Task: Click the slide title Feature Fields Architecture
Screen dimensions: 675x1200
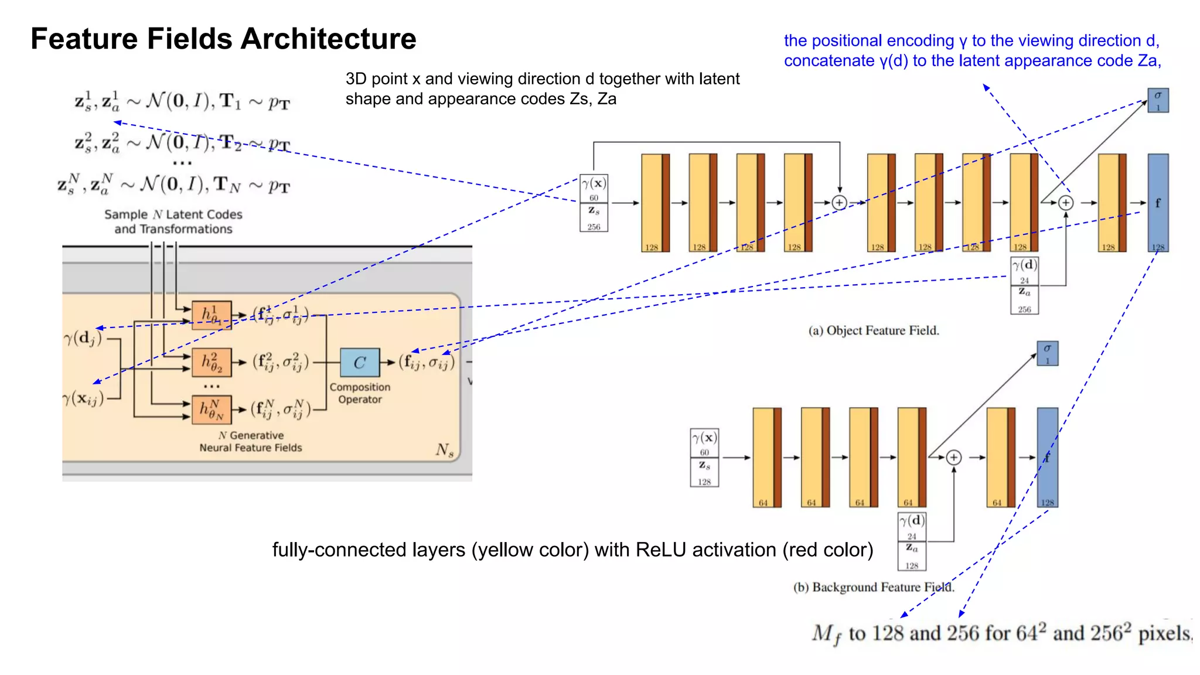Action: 223,39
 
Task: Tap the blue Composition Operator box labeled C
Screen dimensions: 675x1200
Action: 360,363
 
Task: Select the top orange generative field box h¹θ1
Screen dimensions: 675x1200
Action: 212,315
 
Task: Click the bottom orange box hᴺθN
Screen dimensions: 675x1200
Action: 212,410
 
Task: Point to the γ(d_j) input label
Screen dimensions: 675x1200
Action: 83,339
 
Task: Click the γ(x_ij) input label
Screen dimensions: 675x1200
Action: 83,399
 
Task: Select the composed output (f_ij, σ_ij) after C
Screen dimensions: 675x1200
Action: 427,363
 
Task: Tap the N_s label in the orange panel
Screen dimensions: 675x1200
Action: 444,450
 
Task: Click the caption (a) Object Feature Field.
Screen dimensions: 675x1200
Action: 874,330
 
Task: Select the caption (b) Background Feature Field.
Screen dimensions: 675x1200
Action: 874,587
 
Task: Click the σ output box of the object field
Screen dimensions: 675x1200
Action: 1158,100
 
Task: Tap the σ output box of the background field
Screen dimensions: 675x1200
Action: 1047,353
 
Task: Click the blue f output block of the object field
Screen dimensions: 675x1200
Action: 1158,203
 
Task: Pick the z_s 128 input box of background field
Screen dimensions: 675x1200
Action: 704,472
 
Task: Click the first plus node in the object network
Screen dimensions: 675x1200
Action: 839,203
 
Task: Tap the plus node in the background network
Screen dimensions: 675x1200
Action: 953,457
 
